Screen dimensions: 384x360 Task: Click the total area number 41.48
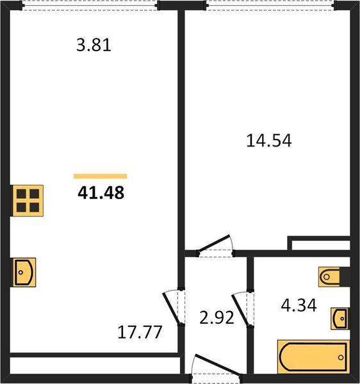[x=101, y=191]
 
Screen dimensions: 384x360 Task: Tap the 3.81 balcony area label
[x=94, y=46]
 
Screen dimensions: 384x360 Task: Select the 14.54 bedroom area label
[x=269, y=141]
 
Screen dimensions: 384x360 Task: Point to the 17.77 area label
[x=139, y=332]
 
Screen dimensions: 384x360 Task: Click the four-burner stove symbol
[x=28, y=199]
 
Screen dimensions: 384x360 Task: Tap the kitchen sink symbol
[x=24, y=272]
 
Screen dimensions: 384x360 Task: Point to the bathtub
[x=313, y=355]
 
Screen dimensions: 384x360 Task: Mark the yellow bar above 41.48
[x=100, y=176]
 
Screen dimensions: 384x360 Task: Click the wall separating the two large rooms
[x=181, y=128]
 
